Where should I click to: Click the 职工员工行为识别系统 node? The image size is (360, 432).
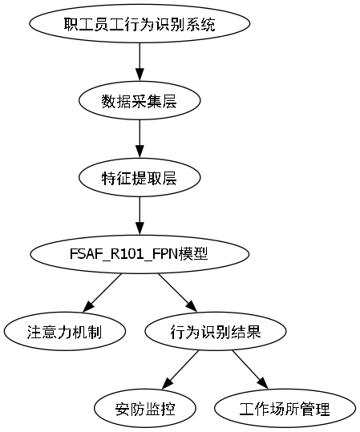point(140,24)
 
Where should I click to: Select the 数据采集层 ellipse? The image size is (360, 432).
point(140,101)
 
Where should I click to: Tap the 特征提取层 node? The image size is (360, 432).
point(140,178)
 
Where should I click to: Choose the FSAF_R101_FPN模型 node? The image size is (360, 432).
point(140,255)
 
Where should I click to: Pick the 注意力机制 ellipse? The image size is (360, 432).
point(64,331)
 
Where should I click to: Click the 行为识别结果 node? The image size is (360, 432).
point(216,331)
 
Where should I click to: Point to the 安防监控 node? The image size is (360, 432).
point(145,408)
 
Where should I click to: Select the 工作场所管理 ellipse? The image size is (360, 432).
point(285,408)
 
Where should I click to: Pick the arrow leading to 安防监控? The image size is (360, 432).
point(180,369)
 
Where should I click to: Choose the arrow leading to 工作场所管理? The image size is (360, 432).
point(250,369)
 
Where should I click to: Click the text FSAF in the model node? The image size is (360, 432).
point(85,255)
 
